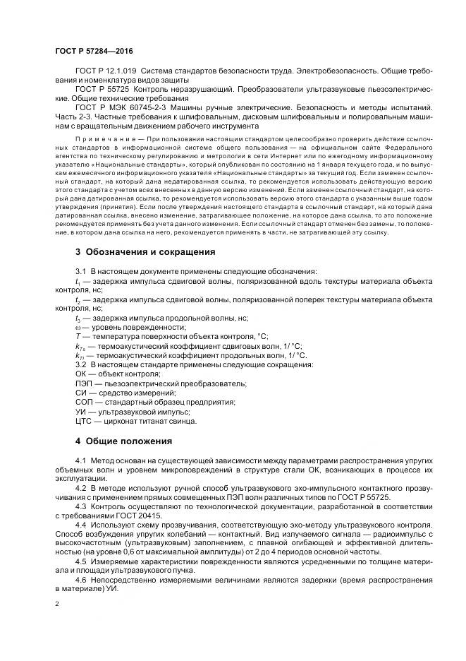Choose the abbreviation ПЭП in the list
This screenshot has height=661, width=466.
click(x=82, y=383)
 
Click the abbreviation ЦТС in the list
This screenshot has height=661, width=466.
click(x=83, y=421)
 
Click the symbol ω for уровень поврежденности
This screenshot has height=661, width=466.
click(x=78, y=327)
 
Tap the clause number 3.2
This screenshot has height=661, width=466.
click(x=80, y=364)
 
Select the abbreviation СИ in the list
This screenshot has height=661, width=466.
click(x=80, y=393)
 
